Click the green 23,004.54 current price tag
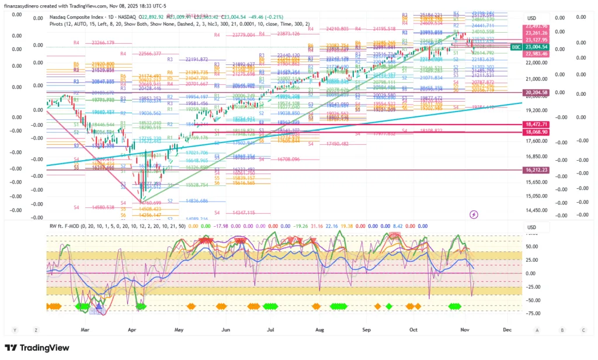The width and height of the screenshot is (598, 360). [536, 47]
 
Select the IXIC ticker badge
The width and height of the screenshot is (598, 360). [516, 47]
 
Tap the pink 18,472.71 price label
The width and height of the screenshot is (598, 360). [536, 124]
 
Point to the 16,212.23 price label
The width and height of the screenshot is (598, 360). [536, 169]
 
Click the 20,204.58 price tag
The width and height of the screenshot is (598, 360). [536, 92]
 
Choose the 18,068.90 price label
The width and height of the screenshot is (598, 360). [536, 133]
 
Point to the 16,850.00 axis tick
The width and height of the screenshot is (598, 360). [536, 157]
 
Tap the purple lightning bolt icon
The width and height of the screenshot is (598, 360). [474, 214]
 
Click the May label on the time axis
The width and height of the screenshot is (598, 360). [179, 330]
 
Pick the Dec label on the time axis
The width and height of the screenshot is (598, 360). [507, 330]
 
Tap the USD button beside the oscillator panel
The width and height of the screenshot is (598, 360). [531, 227]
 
